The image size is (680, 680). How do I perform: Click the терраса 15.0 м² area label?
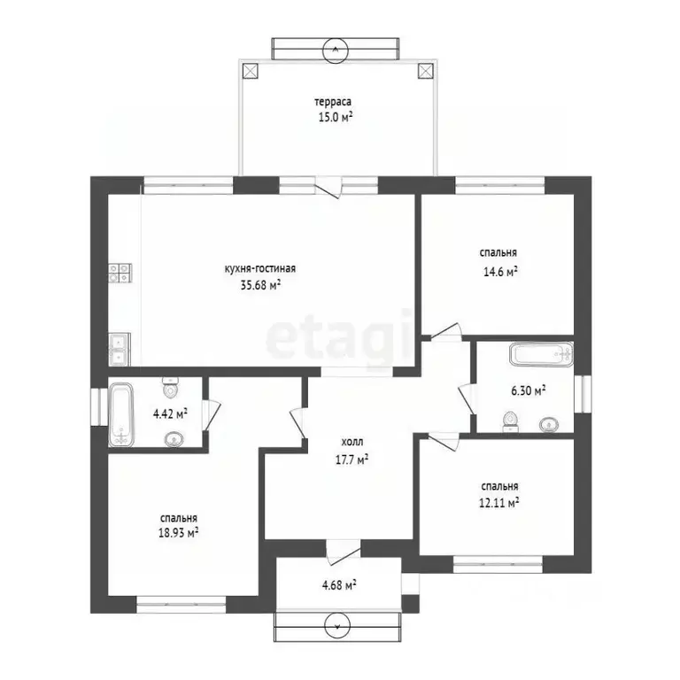(333, 110)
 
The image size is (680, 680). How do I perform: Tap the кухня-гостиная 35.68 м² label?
(260, 276)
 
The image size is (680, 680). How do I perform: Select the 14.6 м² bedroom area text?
(500, 272)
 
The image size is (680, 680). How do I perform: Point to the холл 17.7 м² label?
(352, 451)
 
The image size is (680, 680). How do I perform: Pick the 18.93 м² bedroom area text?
(179, 532)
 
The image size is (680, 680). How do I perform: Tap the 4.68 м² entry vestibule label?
(340, 585)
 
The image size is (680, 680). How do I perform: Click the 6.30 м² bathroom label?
(529, 390)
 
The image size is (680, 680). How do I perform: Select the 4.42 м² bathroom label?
(170, 413)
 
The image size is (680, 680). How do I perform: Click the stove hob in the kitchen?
(120, 274)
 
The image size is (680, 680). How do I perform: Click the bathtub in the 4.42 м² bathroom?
(120, 414)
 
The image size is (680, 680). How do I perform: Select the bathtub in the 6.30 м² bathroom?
(542, 355)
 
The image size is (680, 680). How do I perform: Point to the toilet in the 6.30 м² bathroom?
(510, 421)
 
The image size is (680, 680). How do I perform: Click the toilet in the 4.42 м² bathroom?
(170, 388)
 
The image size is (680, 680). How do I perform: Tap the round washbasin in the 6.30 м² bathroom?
(549, 424)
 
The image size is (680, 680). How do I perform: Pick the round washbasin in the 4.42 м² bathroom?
(174, 440)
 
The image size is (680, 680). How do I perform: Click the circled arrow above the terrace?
(336, 49)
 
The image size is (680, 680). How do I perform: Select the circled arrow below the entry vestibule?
(337, 625)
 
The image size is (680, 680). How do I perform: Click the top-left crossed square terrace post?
(251, 71)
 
